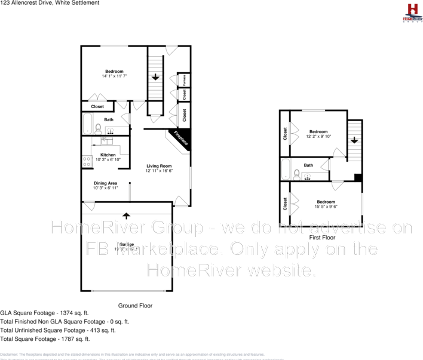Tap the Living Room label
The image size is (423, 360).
coord(159,168)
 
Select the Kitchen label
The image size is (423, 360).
coord(108,157)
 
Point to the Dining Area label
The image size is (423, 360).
coord(105,185)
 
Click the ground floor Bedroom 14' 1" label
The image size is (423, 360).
coord(114,74)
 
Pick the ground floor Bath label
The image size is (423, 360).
coord(109,119)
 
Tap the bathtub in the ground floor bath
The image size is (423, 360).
coord(87,124)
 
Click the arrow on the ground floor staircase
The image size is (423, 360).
coord(155,77)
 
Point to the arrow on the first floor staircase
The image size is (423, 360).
coord(354,140)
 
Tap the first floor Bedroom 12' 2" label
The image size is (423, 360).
coord(318,134)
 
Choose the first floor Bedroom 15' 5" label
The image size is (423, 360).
coord(326,204)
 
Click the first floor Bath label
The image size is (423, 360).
coord(308,165)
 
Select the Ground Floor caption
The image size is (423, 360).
coord(135,306)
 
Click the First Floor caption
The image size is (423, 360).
coord(323,237)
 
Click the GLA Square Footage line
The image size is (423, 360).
coord(44,313)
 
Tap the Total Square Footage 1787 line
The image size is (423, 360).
coord(45,339)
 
